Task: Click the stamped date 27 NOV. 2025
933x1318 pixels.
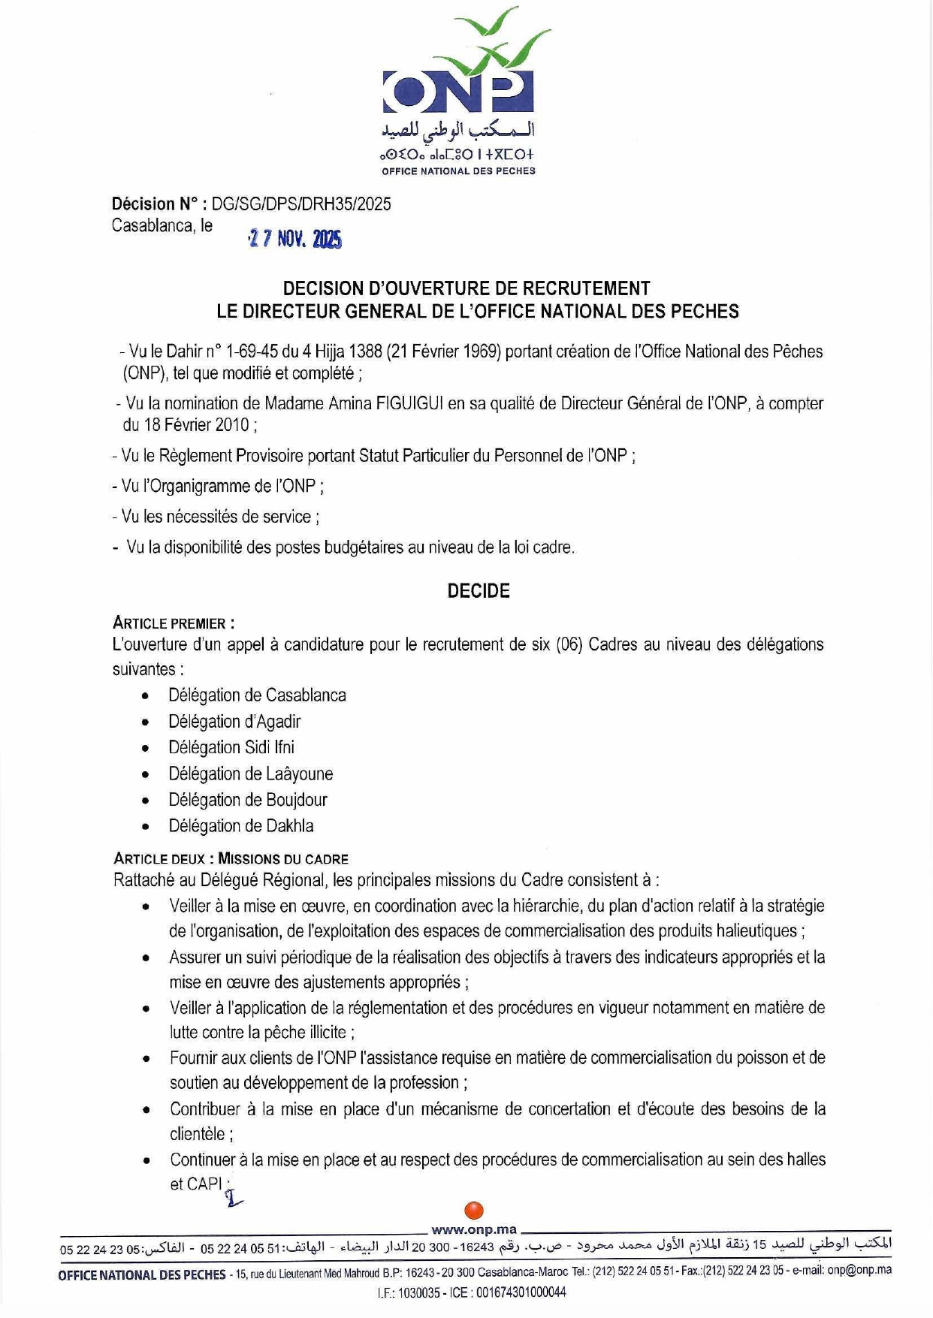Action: pyautogui.click(x=294, y=240)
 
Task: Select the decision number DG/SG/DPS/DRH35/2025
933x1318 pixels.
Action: pyautogui.click(x=301, y=204)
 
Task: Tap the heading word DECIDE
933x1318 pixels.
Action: pyautogui.click(x=479, y=591)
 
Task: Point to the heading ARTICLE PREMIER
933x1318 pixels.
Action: pyautogui.click(x=174, y=623)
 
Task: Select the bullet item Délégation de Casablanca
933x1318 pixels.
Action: pyautogui.click(x=257, y=695)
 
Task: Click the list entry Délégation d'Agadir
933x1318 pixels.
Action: pyautogui.click(x=234, y=722)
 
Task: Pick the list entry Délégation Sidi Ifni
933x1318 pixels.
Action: pyautogui.click(x=231, y=748)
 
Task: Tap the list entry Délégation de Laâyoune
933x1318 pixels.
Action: pyautogui.click(x=250, y=774)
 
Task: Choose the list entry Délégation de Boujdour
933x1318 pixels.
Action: pyautogui.click(x=247, y=800)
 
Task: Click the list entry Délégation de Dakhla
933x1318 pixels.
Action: pyautogui.click(x=240, y=826)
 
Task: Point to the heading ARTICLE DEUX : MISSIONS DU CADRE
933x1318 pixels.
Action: pyautogui.click(x=231, y=858)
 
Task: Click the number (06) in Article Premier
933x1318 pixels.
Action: pyautogui.click(x=569, y=645)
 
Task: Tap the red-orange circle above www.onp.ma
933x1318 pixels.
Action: pyautogui.click(x=474, y=1211)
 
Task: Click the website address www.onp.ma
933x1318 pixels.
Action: pyautogui.click(x=474, y=1229)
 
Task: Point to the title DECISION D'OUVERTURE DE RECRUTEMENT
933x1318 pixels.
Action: pyautogui.click(x=466, y=288)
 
